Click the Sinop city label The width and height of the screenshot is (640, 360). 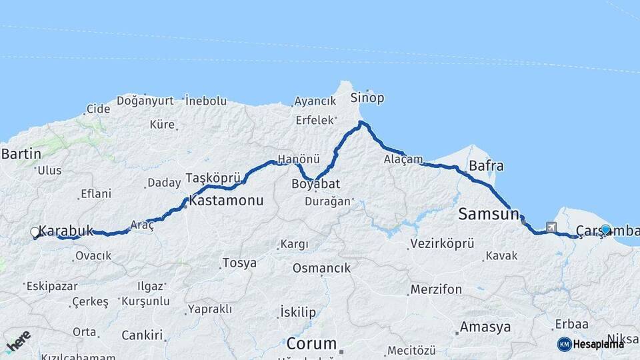pyautogui.click(x=367, y=98)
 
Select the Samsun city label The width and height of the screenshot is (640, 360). pyautogui.click(x=489, y=215)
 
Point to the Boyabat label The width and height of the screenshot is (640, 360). pyautogui.click(x=316, y=183)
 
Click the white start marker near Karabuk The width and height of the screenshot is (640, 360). pyautogui.click(x=35, y=232)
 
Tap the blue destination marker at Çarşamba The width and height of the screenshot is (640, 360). pyautogui.click(x=605, y=229)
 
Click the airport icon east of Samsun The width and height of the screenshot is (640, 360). pyautogui.click(x=551, y=227)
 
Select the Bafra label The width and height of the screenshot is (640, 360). pyautogui.click(x=486, y=165)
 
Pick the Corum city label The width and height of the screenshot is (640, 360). pyautogui.click(x=311, y=344)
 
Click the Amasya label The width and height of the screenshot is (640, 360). pyautogui.click(x=485, y=327)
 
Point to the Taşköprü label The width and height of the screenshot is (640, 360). pyautogui.click(x=212, y=178)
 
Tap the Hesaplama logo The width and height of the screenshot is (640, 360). pyautogui.click(x=591, y=344)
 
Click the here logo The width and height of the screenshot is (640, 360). pyautogui.click(x=18, y=341)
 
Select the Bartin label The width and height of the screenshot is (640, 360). pyautogui.click(x=21, y=154)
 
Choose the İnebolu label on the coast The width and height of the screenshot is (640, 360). pyautogui.click(x=206, y=101)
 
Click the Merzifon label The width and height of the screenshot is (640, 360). pyautogui.click(x=436, y=290)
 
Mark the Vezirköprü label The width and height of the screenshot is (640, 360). pyautogui.click(x=442, y=243)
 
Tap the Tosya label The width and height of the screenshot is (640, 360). pyautogui.click(x=239, y=263)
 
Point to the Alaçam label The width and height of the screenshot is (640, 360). pyautogui.click(x=403, y=159)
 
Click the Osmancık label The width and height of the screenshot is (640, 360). pyautogui.click(x=321, y=268)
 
